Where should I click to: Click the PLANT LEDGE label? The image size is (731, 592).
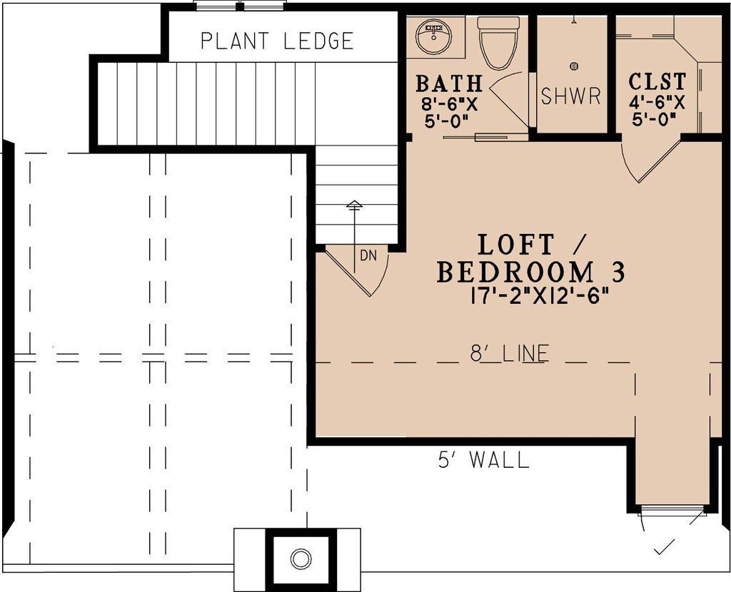(277, 41)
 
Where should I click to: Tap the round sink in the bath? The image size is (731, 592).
(434, 36)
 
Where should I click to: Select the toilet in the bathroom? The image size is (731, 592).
(498, 43)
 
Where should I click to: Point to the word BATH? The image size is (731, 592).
(448, 83)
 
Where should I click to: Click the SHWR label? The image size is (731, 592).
(570, 96)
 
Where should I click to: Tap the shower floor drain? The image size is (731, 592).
(574, 66)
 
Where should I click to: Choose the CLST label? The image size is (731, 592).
(657, 81)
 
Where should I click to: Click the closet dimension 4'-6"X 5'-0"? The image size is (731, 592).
(657, 111)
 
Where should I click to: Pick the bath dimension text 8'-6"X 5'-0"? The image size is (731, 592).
(448, 112)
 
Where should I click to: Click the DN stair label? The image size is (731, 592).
(368, 256)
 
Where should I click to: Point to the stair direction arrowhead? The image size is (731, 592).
(354, 205)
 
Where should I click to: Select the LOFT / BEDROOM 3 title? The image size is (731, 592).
(530, 259)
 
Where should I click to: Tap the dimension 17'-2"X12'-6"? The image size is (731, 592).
(540, 296)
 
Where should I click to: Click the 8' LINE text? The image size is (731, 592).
(510, 353)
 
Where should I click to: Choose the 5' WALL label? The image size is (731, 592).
(484, 460)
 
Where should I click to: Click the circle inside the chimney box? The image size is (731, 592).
(301, 558)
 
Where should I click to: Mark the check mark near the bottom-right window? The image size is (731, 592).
(664, 548)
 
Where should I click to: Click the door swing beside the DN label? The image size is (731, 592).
(383, 277)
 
